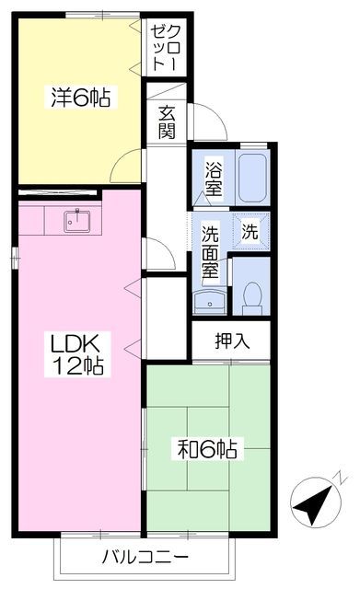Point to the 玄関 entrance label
click(x=167, y=122)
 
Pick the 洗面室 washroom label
click(x=209, y=252)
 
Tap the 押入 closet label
click(x=231, y=341)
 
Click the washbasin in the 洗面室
click(x=209, y=302)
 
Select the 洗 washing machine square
click(x=250, y=231)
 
